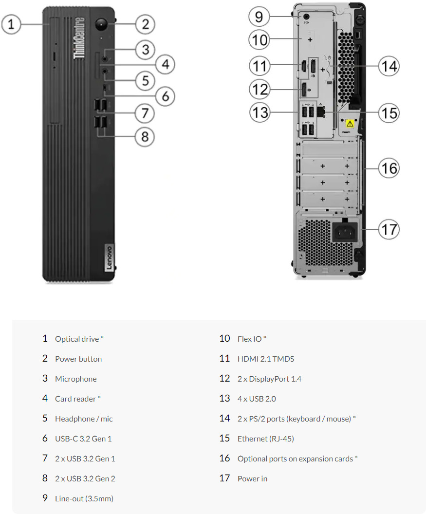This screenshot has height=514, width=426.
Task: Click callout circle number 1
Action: coord(11,23)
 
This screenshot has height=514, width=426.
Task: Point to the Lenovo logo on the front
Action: coord(109,258)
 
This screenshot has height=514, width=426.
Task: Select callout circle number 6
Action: coord(166,96)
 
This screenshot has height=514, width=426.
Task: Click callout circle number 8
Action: coord(145,136)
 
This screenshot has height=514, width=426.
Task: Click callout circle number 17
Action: coord(389,229)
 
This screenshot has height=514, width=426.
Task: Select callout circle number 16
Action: coord(389,168)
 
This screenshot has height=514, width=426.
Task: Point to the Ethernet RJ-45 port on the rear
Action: coord(321,111)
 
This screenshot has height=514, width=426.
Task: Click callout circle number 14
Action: coord(389,66)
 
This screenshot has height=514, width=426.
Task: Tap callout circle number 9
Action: coord(259,17)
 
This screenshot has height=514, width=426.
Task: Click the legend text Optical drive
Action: coord(77,339)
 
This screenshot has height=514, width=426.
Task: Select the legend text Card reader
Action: coord(75,399)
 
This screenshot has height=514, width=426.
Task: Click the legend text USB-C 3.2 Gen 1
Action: coord(83,439)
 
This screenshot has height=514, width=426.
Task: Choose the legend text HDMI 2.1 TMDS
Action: coord(266,359)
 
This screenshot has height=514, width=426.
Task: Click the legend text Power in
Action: coord(252,478)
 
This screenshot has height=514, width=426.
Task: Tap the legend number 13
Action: coord(224,399)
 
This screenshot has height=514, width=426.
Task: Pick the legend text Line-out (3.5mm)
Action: coord(84,498)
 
